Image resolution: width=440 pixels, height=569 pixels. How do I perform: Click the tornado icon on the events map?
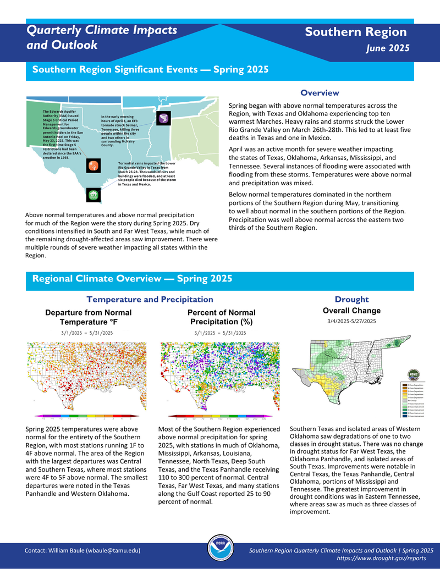164,118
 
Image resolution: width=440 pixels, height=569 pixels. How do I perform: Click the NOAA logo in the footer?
219,549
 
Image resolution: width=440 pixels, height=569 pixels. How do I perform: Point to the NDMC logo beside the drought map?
414,373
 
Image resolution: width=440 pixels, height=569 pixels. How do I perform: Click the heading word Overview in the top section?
320,93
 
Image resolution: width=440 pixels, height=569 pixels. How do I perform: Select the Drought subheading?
351,299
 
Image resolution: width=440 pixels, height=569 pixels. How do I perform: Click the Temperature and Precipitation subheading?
150,299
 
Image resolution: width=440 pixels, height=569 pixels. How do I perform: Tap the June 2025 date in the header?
388,48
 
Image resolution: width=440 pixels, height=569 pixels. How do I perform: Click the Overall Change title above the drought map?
351,311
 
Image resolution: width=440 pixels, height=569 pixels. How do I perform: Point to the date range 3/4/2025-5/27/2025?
351,321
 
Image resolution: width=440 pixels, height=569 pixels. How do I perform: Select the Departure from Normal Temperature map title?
88,317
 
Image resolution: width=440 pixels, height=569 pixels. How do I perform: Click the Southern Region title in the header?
356,32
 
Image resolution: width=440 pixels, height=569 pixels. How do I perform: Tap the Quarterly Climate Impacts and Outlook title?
102,37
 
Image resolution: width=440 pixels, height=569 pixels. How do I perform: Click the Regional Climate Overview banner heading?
132,279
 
